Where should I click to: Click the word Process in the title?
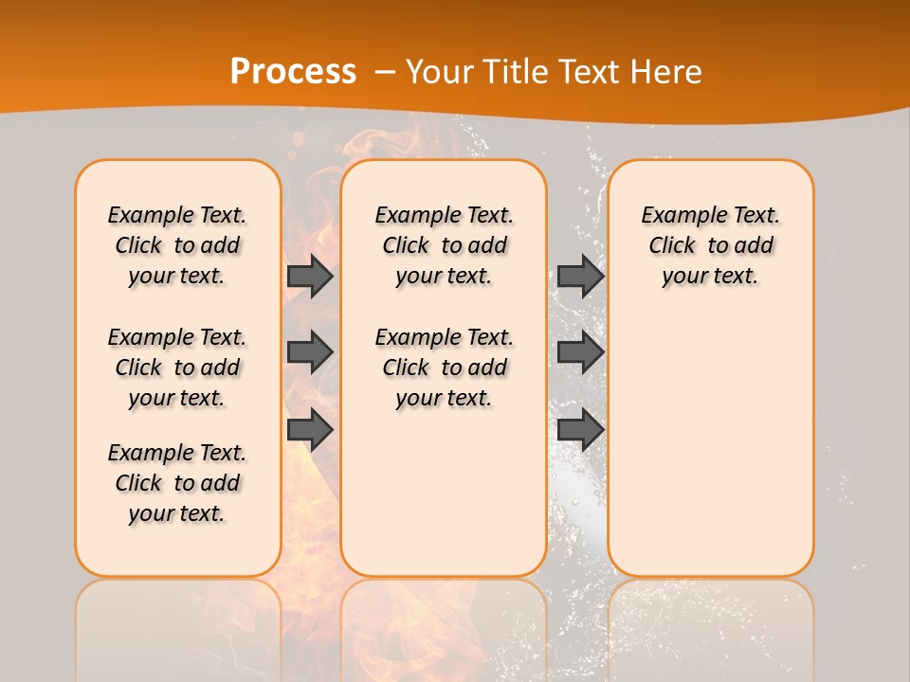293,72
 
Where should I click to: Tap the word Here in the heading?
664,72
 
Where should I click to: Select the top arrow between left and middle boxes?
310,276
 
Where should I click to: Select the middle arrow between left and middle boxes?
310,352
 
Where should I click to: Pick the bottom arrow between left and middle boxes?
310,430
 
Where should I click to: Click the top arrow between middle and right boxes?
580,276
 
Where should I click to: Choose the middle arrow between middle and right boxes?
580,352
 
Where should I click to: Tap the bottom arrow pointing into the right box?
580,430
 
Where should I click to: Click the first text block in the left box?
177,245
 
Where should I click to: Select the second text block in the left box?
177,368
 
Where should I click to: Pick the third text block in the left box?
177,483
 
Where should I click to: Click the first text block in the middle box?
444,245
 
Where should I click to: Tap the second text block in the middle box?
444,368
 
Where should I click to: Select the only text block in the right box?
710,245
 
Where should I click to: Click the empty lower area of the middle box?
444,493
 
